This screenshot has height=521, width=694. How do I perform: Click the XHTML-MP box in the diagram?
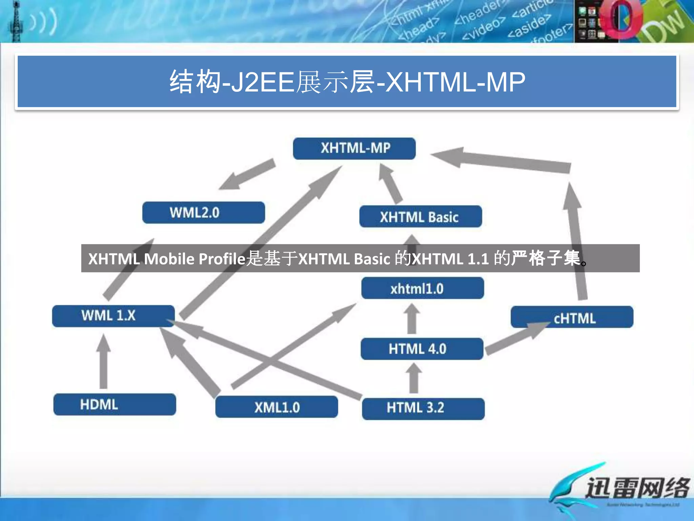[354, 149]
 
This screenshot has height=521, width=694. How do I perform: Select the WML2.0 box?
[203, 213]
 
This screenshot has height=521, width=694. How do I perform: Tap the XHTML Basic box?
[420, 217]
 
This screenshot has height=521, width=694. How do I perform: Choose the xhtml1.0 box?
[422, 288]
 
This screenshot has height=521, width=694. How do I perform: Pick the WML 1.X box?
[113, 316]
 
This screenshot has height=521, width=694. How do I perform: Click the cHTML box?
[572, 317]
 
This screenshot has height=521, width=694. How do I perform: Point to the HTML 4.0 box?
[422, 349]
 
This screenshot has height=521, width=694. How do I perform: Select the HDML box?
[115, 404]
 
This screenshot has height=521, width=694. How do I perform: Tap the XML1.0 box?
[277, 407]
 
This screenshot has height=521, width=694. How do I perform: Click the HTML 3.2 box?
[423, 408]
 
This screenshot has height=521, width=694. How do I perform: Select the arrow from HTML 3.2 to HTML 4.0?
[414, 378]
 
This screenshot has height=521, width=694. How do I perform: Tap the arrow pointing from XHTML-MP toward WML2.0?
[247, 175]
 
